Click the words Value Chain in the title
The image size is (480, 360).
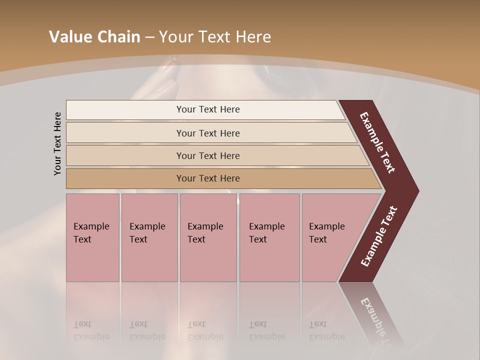94,37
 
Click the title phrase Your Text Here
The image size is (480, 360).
215,37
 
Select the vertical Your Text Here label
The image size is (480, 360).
57,143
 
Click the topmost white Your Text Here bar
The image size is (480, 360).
208,109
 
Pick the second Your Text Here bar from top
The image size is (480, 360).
208,133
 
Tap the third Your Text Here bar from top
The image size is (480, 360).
208,155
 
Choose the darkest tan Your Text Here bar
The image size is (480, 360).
208,178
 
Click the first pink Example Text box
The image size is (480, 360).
92,237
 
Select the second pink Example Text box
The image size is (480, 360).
149,237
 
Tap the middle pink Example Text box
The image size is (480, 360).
208,237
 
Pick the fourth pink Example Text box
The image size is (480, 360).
269,237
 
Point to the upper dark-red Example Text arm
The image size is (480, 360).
378,143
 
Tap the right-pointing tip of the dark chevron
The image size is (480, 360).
415,191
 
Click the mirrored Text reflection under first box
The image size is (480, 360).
82,324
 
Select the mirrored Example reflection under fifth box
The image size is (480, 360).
327,336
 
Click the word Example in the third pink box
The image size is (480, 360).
205,226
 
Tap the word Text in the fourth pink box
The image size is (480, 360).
258,239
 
